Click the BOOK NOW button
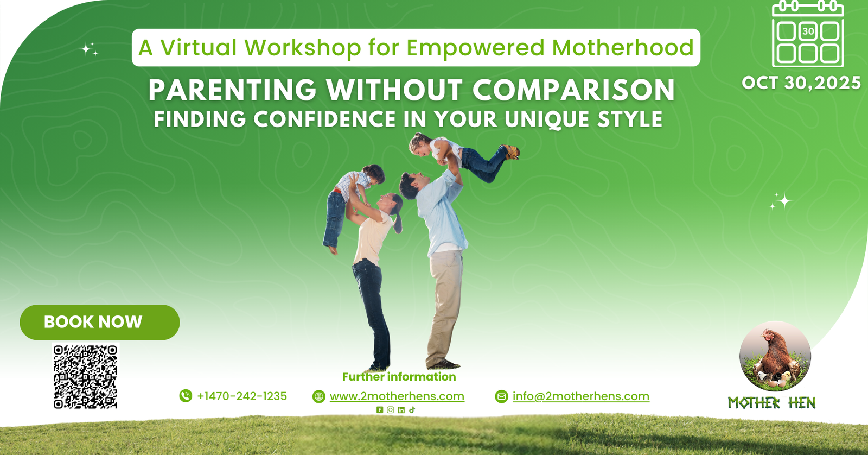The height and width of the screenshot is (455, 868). [100, 322]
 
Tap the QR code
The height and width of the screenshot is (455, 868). [85, 376]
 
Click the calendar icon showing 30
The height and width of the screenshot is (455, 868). [808, 34]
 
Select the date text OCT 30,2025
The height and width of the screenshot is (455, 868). [801, 83]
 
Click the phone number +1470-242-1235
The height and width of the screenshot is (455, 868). [242, 396]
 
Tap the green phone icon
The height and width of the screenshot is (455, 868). [186, 396]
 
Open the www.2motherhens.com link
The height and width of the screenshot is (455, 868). [397, 396]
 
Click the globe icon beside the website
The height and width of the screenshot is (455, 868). [319, 396]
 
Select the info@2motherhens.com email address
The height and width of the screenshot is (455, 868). [581, 396]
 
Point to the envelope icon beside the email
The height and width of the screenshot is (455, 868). [501, 396]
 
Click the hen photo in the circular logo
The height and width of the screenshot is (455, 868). [775, 356]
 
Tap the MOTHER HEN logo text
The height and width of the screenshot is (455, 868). [772, 403]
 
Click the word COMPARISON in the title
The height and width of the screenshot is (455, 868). [573, 90]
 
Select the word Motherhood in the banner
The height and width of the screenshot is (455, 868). [623, 47]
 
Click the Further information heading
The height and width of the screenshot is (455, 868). [399, 377]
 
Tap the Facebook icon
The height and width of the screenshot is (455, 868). [380, 410]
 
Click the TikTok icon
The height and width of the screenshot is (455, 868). [412, 410]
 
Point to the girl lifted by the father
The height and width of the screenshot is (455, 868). [464, 156]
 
